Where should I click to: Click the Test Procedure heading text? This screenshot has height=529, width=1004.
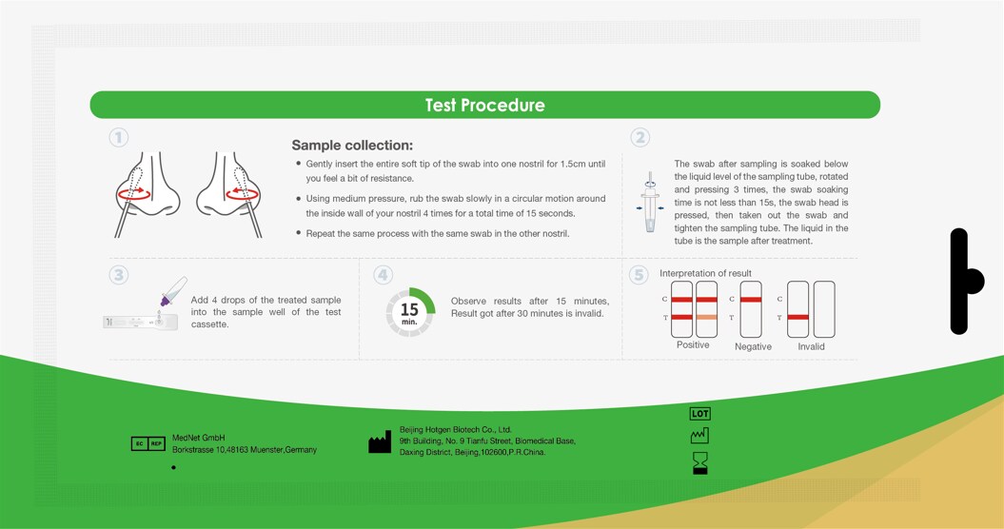[x=484, y=105]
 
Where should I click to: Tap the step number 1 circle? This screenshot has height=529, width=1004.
[x=118, y=137]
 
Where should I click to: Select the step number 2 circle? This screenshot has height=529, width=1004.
[x=640, y=137]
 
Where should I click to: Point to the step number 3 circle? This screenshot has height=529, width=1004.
[x=118, y=275]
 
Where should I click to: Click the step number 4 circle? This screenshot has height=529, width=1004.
[x=383, y=275]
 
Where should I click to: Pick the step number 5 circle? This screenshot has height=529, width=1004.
[x=638, y=275]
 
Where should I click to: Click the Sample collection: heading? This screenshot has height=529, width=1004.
[x=352, y=146]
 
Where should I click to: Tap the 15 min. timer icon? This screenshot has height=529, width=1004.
[x=410, y=312]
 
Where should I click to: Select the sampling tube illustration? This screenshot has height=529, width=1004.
[x=651, y=203]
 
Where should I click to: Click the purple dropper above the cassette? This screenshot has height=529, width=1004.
[x=173, y=291]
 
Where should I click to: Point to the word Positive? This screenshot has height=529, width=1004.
[x=693, y=344]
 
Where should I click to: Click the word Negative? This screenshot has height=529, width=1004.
[x=753, y=346]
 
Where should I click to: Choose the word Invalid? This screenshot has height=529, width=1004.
[x=811, y=346]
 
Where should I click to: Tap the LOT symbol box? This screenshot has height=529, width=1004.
[x=699, y=414]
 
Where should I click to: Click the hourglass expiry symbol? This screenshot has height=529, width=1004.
[x=700, y=462]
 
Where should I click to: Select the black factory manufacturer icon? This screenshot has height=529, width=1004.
[x=380, y=441]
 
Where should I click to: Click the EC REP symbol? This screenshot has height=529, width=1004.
[x=148, y=443]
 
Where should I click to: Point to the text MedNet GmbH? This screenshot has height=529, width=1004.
[x=199, y=438]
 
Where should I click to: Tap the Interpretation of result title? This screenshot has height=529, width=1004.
[x=705, y=273]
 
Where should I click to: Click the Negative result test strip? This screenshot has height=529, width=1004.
[x=751, y=309]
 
